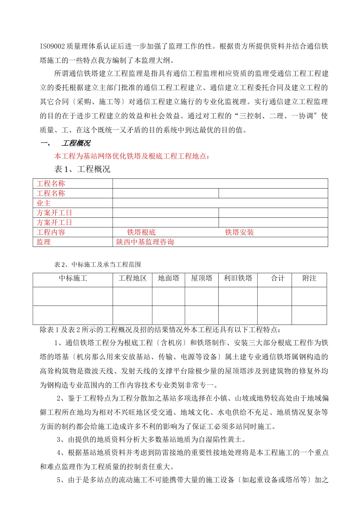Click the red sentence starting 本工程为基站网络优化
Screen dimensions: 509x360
tap(132, 156)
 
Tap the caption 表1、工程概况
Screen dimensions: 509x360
tap(82, 169)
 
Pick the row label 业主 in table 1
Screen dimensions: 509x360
tap(44, 203)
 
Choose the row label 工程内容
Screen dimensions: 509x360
tap(51, 232)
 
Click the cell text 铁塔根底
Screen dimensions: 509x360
tap(141, 232)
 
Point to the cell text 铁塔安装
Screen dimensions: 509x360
tap(239, 232)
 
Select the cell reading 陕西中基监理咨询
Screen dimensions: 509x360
tap(145, 242)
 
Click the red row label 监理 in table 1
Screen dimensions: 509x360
tap(44, 242)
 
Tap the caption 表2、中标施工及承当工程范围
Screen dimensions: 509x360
tap(98, 264)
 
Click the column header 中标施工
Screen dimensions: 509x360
tap(73, 278)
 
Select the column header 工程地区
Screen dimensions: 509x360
tap(132, 278)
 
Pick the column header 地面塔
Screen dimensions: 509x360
tap(169, 278)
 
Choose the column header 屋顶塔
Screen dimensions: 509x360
tap(202, 278)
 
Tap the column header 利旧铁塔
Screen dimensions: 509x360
tap(238, 278)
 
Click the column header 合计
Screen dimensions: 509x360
tap(278, 278)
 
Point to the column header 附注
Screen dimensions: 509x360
tap(309, 278)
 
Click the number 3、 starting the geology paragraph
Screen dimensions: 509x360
tap(61, 439)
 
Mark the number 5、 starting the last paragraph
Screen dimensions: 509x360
tap(61, 480)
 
